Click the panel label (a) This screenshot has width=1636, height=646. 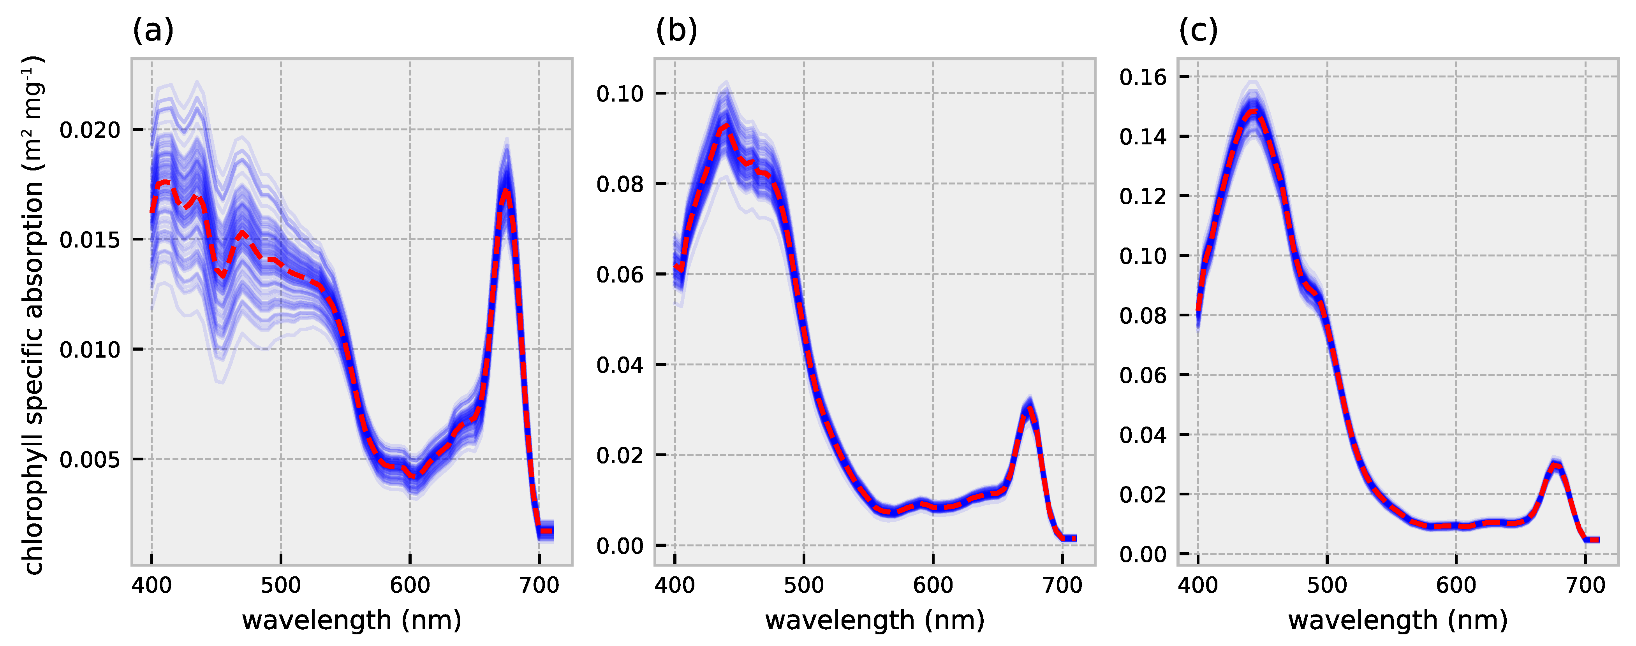(x=152, y=30)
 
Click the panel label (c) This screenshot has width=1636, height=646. (x=1198, y=30)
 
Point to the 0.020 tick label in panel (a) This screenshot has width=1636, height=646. (x=90, y=130)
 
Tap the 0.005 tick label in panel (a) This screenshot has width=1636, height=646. (x=90, y=460)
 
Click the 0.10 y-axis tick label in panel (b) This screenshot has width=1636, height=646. (x=620, y=94)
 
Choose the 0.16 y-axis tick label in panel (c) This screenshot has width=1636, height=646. (x=1143, y=77)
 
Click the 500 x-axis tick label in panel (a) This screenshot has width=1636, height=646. (x=281, y=585)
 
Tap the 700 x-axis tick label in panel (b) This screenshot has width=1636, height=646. (x=1062, y=585)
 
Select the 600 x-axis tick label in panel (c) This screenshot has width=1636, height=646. (x=1456, y=585)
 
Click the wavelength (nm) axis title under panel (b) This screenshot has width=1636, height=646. (x=875, y=620)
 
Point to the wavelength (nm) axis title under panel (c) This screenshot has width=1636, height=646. (x=1397, y=620)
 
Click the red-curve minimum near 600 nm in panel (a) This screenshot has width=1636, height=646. (x=413, y=475)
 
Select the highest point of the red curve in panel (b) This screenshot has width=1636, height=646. (x=725, y=126)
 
